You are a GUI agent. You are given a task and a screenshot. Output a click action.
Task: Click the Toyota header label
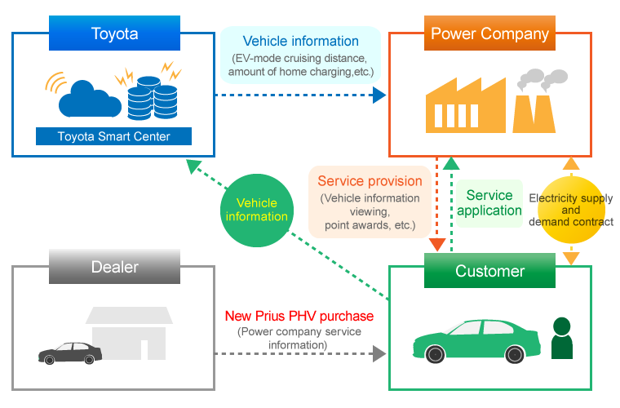point(114,33)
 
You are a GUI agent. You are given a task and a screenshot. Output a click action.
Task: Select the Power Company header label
point(489,33)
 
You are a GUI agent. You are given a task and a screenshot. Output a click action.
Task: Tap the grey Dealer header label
point(114,267)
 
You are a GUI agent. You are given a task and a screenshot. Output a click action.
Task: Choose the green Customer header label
point(489,270)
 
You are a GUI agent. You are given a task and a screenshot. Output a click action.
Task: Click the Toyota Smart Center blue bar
point(114,136)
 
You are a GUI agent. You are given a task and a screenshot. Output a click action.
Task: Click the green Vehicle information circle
point(257,210)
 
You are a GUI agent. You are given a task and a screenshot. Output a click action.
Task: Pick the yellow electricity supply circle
point(570,210)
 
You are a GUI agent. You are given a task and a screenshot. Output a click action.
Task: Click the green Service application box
point(489,203)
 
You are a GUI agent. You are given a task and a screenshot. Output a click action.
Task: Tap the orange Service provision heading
point(370,181)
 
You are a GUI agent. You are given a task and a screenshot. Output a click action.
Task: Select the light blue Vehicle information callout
point(301,55)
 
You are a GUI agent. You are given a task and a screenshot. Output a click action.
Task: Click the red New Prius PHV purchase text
point(299,315)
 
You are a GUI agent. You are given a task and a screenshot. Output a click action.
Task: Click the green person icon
point(563,338)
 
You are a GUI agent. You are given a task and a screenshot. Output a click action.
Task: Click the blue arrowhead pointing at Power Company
point(379,95)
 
